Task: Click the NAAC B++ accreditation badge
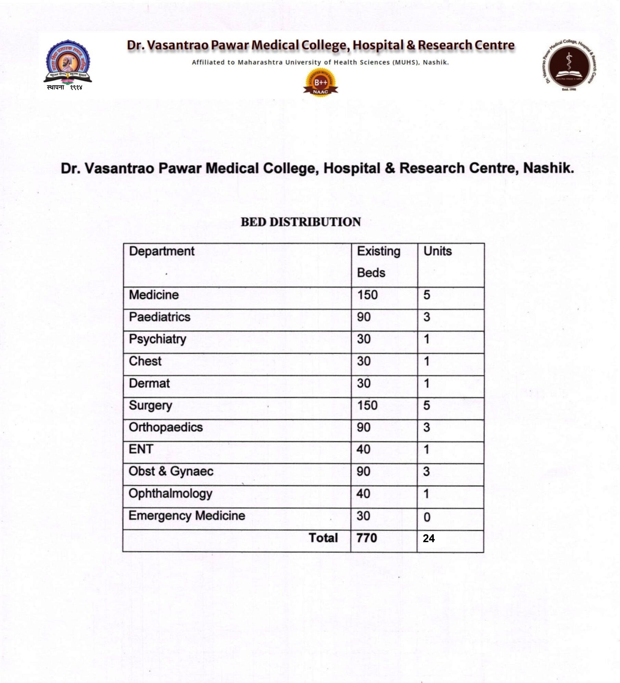coord(320,82)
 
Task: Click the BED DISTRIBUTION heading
coord(301,222)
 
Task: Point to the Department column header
coord(162,251)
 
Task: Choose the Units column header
coord(438,251)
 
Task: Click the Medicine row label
coord(154,295)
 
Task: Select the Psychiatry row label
coord(157,339)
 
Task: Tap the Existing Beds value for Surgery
coord(367,405)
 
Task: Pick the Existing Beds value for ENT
coord(363,449)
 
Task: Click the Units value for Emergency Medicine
coord(427,516)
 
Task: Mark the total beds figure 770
coord(367,538)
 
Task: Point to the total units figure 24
coord(429,538)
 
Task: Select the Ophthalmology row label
coord(170,493)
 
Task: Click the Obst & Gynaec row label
coord(171,471)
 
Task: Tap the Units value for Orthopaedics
coord(427,427)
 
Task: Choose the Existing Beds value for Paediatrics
coord(364,317)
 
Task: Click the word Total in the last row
coord(323,538)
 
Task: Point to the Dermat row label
coord(149,383)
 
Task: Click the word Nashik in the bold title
coord(548,168)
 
